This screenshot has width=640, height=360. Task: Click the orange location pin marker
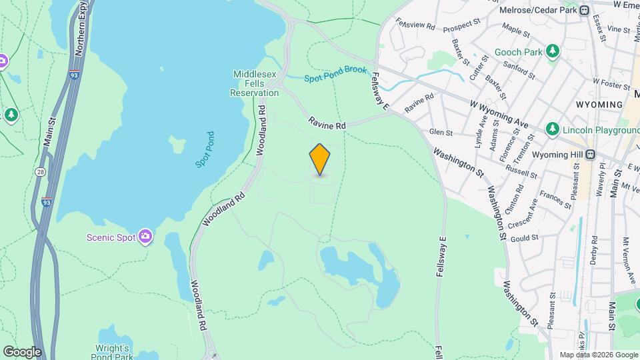pyautogui.click(x=320, y=159)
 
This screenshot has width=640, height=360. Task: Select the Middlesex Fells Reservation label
pyautogui.click(x=255, y=83)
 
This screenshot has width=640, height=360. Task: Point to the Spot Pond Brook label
pyautogui.click(x=335, y=74)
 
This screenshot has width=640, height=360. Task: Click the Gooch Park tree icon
pyautogui.click(x=552, y=51)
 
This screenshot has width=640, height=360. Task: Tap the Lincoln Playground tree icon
pyautogui.click(x=551, y=129)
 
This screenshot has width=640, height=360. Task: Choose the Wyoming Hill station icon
pyautogui.click(x=590, y=154)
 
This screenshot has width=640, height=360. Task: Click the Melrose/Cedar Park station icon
pyautogui.click(x=584, y=10)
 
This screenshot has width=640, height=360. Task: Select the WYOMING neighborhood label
pyautogui.click(x=599, y=105)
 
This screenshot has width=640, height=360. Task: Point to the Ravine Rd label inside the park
pyautogui.click(x=327, y=123)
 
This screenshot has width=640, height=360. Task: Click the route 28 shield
pyautogui.click(x=41, y=172)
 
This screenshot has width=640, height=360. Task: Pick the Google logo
pyautogui.click(x=22, y=351)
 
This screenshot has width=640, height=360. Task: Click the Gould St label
pyautogui.click(x=525, y=238)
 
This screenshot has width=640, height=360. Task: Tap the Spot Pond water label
pyautogui.click(x=203, y=149)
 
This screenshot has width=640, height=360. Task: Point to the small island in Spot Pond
pyautogui.click(x=176, y=143)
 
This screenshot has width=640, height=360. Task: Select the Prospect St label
pyautogui.click(x=461, y=25)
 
